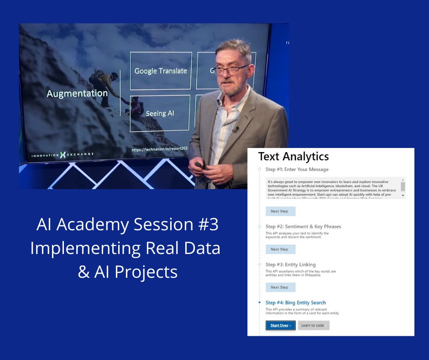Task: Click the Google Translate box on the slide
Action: point(161,71)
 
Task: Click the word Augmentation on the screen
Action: point(77,94)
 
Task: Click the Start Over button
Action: point(280,325)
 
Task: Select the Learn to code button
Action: point(313,325)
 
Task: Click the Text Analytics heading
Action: point(293,156)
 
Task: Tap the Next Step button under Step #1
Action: point(280,211)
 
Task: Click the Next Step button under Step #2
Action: point(280,249)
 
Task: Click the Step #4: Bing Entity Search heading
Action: point(296,302)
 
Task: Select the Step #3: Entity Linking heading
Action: point(290,265)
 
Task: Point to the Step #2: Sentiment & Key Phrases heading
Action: point(303,227)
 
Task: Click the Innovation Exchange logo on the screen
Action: point(63,155)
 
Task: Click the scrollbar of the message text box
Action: point(403,188)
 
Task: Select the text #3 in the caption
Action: point(208,224)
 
